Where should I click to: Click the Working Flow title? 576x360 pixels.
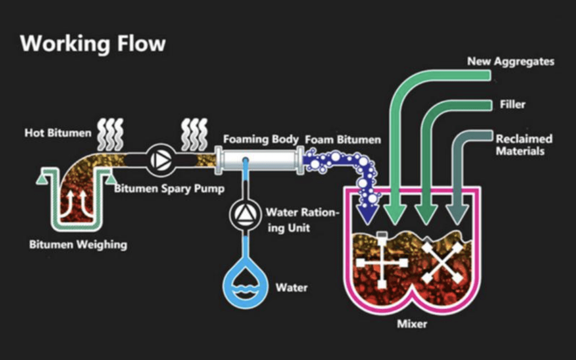pos(93,43)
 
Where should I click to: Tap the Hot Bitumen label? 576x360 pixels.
pos(58,133)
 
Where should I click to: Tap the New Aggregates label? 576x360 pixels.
pos(510,61)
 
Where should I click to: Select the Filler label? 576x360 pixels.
pos(512,105)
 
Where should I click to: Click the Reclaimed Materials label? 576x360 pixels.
pos(524,145)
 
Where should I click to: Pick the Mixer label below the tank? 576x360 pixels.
pos(412,324)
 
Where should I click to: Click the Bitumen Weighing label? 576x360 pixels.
pos(78,245)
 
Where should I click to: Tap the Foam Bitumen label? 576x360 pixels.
pos(343,140)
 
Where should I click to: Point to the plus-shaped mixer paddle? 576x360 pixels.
pos(382,262)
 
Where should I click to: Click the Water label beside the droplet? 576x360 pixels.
pos(291,287)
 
